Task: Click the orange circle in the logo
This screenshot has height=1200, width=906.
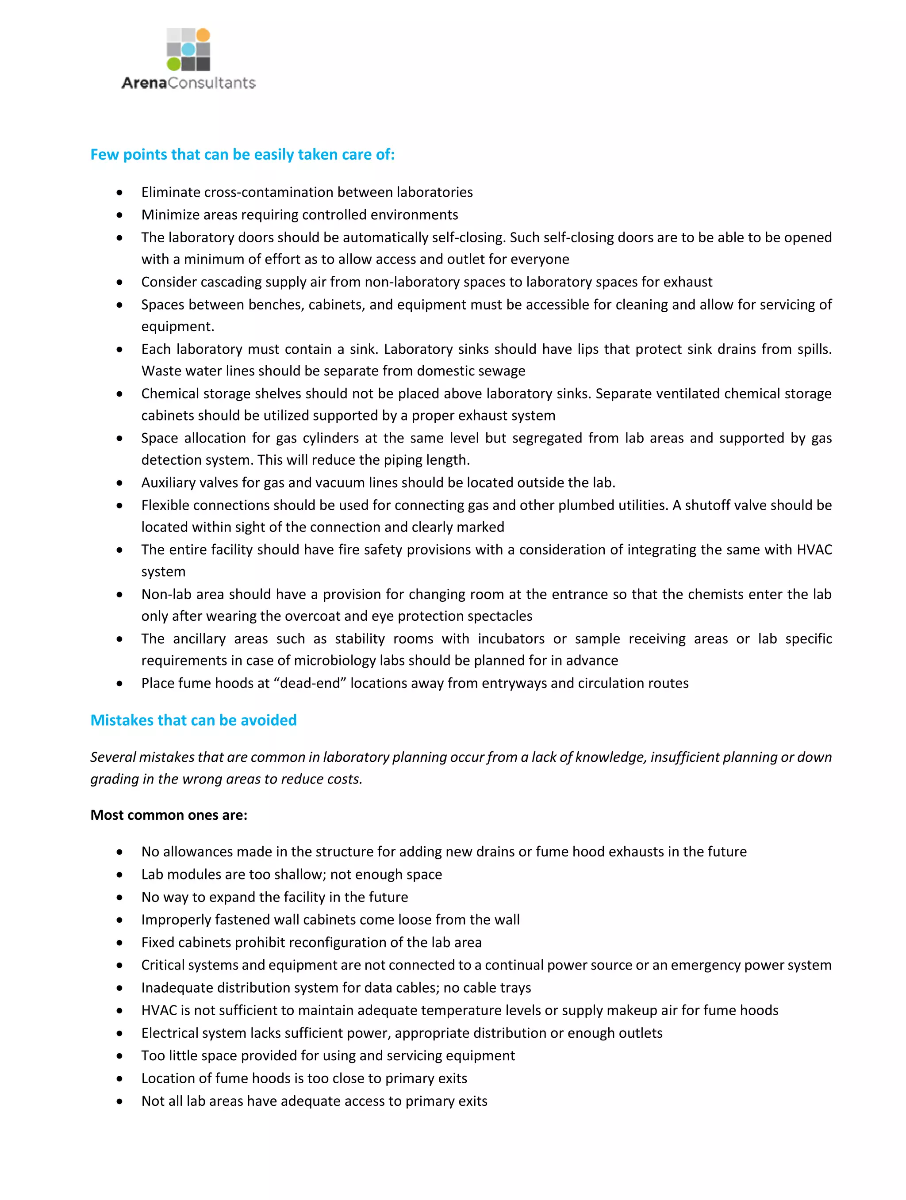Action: coord(203,35)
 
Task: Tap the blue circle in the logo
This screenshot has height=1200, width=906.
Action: coord(188,50)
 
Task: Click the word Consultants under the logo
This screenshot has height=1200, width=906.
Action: coord(212,83)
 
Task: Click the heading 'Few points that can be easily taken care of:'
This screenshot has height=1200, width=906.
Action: coord(242,155)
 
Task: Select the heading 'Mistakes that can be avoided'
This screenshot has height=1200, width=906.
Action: coord(193,720)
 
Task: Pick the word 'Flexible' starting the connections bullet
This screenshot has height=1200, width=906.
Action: coord(165,505)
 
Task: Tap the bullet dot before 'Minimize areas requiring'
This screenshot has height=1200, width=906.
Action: coord(119,215)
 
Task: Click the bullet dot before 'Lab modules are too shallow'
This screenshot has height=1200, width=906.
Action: coord(119,875)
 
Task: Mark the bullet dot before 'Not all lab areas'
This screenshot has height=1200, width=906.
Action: coord(119,1102)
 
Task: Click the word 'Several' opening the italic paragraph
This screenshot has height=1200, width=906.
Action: coord(112,757)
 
